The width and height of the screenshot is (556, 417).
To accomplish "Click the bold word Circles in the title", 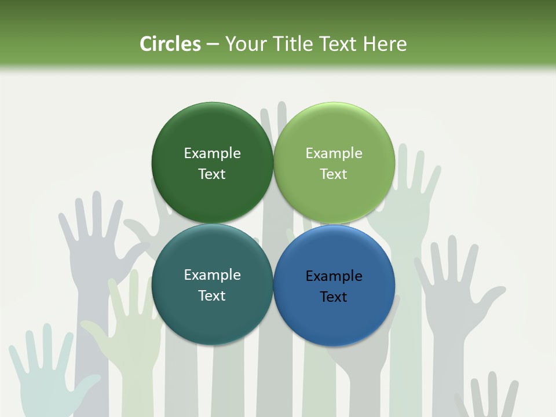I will point(170,44).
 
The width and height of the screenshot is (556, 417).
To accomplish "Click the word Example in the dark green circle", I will point(212,153).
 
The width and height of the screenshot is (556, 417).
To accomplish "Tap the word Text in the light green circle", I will point(334,174).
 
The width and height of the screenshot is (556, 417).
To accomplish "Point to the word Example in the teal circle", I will point(212,275).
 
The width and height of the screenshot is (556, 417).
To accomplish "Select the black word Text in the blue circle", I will point(334,297).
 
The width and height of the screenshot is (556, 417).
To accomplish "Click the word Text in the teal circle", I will point(212,295).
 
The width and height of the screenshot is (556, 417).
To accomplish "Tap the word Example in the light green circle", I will point(334,153).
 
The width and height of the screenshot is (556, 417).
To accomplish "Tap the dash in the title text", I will point(213,44).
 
